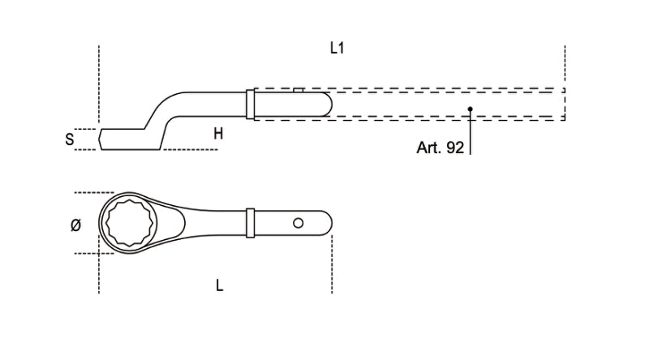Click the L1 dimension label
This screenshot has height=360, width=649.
(x=337, y=49)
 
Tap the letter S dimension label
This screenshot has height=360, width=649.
(x=70, y=139)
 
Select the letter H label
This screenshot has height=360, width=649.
(x=218, y=134)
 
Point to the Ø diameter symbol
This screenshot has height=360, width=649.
(x=75, y=226)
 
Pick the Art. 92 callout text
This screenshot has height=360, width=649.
(x=441, y=148)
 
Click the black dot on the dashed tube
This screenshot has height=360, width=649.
(x=470, y=109)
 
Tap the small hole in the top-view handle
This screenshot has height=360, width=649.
(x=299, y=222)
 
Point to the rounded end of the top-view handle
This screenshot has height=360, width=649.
(x=326, y=222)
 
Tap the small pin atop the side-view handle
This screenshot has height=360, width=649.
(x=299, y=91)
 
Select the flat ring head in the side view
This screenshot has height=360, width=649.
(x=122, y=138)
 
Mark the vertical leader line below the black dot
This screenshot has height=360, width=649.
(x=470, y=134)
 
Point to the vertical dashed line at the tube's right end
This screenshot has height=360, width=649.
(x=565, y=81)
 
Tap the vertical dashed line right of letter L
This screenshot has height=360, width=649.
(x=331, y=268)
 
